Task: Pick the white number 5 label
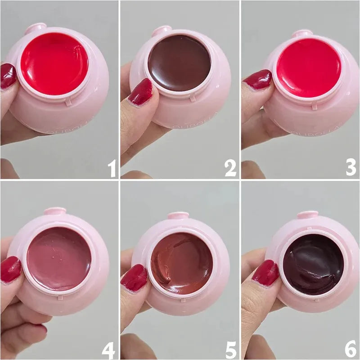click(x=230, y=347)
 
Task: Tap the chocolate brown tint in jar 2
click(x=179, y=63)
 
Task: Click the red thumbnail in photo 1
click(x=8, y=76)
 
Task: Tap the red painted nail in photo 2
click(x=140, y=92)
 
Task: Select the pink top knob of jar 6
click(x=307, y=215)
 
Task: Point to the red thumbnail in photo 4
click(x=10, y=269)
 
